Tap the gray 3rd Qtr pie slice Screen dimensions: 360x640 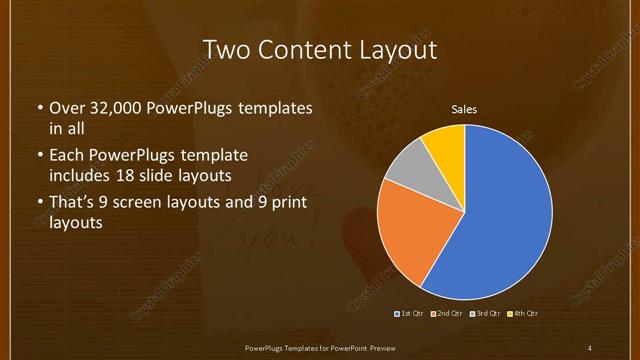(406, 165)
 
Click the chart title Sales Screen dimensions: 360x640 (464, 109)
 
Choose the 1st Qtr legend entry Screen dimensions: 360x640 (410, 314)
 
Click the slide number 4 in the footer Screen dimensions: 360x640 (589, 348)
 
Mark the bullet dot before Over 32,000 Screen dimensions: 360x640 (39, 108)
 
